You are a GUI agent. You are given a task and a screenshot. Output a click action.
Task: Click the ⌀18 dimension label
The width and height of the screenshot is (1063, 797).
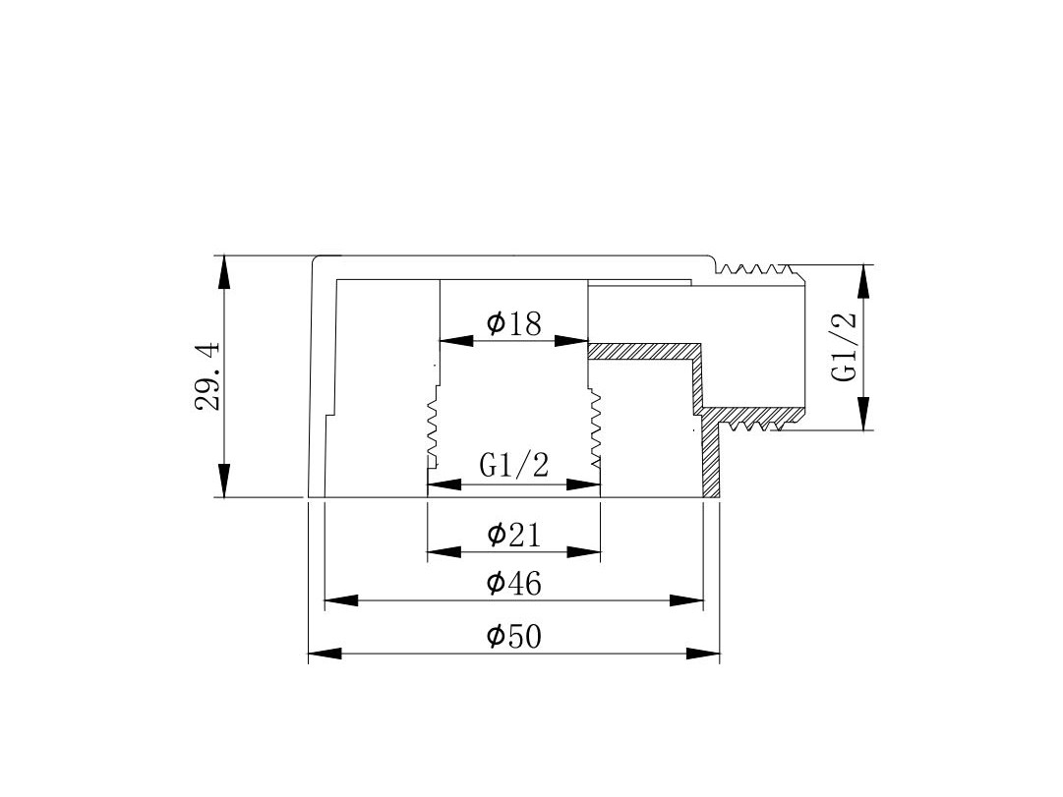click(x=514, y=324)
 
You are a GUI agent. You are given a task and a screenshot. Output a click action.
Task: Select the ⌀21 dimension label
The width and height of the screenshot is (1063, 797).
click(x=514, y=536)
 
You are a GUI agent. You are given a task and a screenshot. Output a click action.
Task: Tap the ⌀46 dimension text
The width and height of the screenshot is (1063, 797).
click(x=514, y=584)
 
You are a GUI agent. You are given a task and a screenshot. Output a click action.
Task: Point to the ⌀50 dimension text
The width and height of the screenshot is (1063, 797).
click(x=514, y=637)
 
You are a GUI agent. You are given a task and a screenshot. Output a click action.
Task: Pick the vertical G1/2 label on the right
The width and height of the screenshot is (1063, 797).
click(x=845, y=347)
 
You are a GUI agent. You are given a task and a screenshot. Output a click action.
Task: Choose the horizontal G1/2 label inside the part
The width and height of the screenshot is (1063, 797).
click(x=513, y=465)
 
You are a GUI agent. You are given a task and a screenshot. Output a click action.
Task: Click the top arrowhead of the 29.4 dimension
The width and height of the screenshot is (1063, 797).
click(x=224, y=272)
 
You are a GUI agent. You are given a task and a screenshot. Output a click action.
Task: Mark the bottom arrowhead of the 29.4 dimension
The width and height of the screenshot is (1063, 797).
click(x=224, y=481)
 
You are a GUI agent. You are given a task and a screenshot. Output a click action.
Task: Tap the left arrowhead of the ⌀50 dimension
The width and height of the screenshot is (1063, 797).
click(x=325, y=654)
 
